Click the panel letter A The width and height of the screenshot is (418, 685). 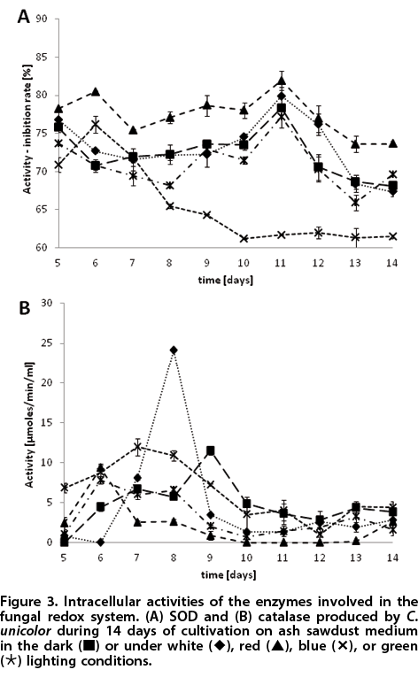[24, 17]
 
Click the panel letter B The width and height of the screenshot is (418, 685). [25, 308]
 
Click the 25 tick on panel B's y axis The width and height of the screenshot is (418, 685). [46, 343]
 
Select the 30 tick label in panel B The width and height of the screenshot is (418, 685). [46, 303]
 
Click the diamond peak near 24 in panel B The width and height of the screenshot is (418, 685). [174, 350]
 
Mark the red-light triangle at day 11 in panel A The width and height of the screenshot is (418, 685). [281, 81]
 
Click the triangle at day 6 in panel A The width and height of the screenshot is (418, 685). [96, 92]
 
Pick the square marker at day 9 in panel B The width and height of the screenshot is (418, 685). [210, 450]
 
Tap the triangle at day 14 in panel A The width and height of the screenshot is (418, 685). [392, 143]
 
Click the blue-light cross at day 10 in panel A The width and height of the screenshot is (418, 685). [244, 239]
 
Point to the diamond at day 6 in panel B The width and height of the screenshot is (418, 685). [101, 543]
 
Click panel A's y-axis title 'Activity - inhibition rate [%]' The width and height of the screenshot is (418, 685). [27, 129]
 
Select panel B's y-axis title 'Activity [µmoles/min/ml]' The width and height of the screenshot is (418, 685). [29, 425]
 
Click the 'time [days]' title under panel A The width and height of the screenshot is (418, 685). [225, 280]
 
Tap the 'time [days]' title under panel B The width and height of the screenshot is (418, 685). [228, 574]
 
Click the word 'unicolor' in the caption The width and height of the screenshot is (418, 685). [26, 631]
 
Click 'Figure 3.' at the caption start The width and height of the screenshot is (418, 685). [29, 602]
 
